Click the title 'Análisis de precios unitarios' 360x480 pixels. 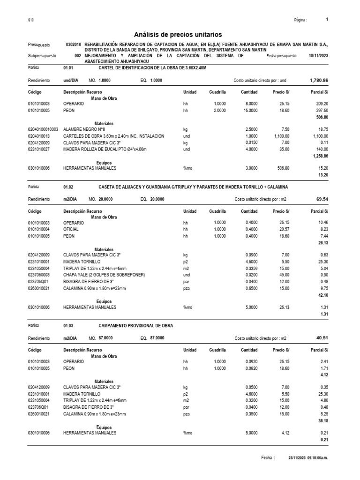[178, 35]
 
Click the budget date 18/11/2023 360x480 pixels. [318, 55]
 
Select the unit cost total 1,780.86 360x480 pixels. [319, 81]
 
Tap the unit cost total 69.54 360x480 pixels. [322, 199]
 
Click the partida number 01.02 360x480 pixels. [68, 187]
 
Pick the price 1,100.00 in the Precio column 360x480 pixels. [281, 136]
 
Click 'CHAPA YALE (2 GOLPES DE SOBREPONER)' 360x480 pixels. [104, 274]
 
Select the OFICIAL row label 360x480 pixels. [71, 230]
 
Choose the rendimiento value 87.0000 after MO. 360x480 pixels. [105, 338]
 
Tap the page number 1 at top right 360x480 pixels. [327, 20]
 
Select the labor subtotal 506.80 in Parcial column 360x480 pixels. [321, 117]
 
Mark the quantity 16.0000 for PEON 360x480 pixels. [249, 110]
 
